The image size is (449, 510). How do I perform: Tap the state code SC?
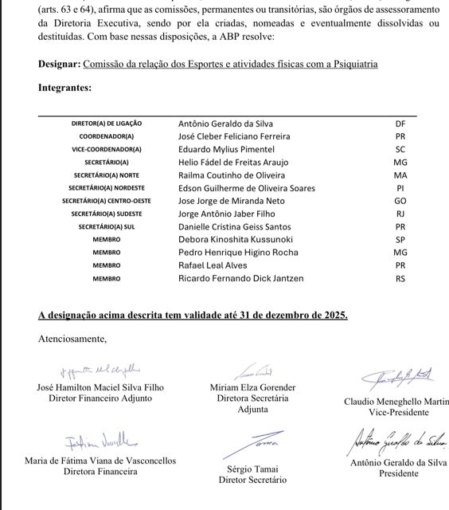[x=400, y=149]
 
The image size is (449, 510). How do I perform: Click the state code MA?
[x=400, y=175]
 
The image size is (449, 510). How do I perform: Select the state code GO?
[x=400, y=201]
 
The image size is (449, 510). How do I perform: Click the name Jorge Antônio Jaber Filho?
[x=224, y=214]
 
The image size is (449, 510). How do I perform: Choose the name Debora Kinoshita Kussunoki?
[x=236, y=240]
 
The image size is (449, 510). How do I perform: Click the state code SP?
[x=400, y=240]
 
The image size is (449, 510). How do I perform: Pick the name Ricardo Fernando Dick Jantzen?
[x=241, y=278]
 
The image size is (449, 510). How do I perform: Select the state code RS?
[x=400, y=278]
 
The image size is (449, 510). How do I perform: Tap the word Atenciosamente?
[x=72, y=339]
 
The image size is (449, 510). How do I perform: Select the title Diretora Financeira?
[x=100, y=471]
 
